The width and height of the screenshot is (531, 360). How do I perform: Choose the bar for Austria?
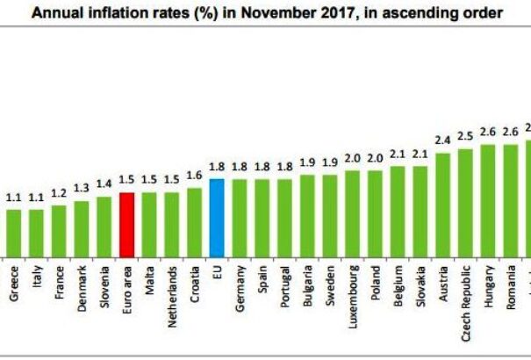pyautogui.click(x=443, y=204)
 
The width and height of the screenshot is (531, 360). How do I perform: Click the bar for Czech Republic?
pyautogui.click(x=465, y=201)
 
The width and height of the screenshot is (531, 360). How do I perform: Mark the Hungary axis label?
pyautogui.click(x=488, y=286)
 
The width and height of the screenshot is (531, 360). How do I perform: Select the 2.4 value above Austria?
pyautogui.click(x=443, y=140)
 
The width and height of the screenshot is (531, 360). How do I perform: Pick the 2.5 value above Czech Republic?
pyautogui.click(x=465, y=136)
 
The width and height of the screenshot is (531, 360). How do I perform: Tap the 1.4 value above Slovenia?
pyautogui.click(x=104, y=184)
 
